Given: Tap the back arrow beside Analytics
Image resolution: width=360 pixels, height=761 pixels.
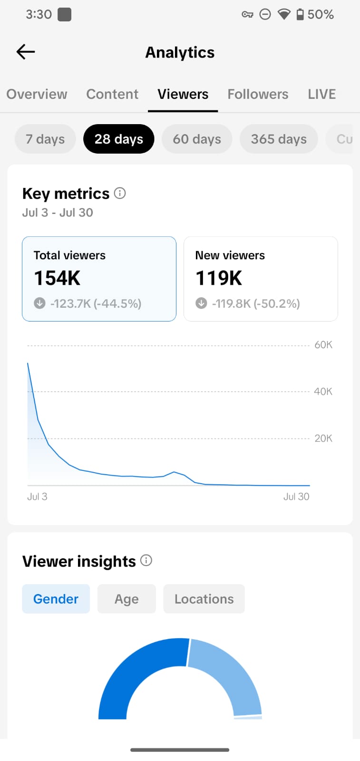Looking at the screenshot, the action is [26, 52].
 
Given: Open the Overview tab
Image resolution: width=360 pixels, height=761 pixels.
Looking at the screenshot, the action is [37, 94].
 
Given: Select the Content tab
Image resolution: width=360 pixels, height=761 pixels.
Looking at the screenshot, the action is [112, 94].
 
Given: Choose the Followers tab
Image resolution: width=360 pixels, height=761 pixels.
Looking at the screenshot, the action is [258, 94].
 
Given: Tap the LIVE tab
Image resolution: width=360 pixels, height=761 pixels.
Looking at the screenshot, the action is [321, 94].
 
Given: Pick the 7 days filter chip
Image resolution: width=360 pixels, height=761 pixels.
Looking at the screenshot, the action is [45, 139].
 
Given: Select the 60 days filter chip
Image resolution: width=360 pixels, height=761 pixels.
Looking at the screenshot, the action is [197, 139].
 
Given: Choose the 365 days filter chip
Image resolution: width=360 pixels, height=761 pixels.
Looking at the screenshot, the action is [279, 139].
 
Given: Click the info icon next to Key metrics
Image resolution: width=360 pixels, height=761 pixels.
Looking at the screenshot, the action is [119, 193].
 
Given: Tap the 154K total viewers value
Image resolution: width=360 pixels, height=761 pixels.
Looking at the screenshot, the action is [57, 278].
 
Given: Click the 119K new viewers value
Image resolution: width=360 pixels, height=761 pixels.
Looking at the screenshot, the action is [219, 278].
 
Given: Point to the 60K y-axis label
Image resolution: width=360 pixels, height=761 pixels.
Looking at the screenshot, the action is [323, 345].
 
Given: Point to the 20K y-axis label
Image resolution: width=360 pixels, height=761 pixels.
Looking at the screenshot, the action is [323, 438].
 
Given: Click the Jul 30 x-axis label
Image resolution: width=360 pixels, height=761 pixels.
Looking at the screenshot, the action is [296, 497].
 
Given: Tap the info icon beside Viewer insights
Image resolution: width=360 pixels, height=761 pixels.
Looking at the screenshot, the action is [146, 560].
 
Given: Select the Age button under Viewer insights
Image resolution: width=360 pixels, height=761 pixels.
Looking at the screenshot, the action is [126, 599].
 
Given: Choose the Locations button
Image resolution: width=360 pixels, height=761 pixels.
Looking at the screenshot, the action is [204, 599].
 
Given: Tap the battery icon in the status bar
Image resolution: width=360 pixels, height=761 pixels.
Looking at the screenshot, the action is [300, 14].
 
